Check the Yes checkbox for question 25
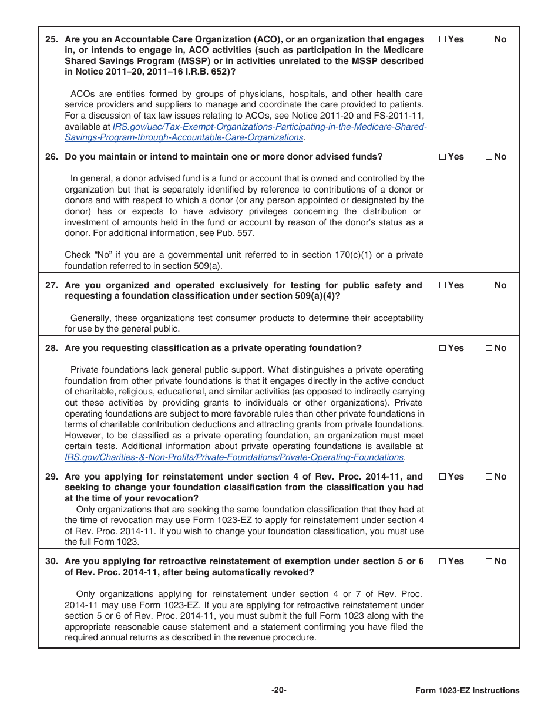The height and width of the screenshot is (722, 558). click(x=442, y=39)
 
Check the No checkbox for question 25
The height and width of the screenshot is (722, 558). click(x=489, y=39)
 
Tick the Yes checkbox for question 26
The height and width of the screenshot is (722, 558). click(x=442, y=157)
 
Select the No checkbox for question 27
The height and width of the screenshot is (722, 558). click(x=489, y=285)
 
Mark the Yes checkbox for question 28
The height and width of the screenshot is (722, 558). click(x=442, y=348)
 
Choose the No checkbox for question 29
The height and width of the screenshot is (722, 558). click(x=489, y=477)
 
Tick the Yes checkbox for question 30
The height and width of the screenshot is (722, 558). click(x=442, y=561)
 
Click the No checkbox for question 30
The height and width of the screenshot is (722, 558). click(x=489, y=561)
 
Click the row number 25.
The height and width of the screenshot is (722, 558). click(x=52, y=39)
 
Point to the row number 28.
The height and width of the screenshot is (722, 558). click(x=52, y=348)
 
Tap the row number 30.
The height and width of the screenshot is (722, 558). click(x=52, y=561)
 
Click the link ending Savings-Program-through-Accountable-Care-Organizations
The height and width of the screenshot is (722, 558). click(x=184, y=137)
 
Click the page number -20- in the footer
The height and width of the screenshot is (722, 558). click(x=279, y=690)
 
